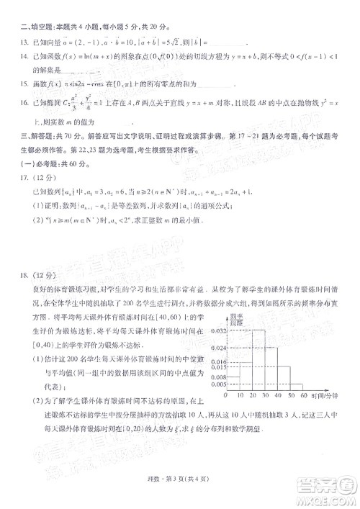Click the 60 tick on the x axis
pos(303,397)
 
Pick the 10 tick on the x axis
pos(241,397)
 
